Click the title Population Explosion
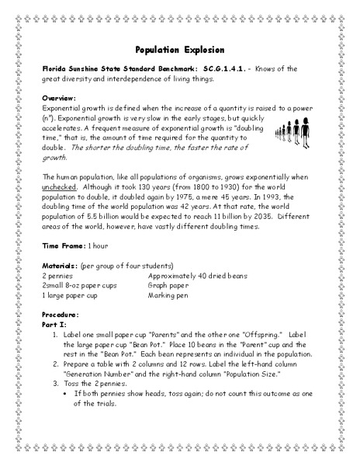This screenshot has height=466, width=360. pos(179,47)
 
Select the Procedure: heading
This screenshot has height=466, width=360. pos(63,315)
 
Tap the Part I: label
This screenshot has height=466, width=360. pos(55,325)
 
